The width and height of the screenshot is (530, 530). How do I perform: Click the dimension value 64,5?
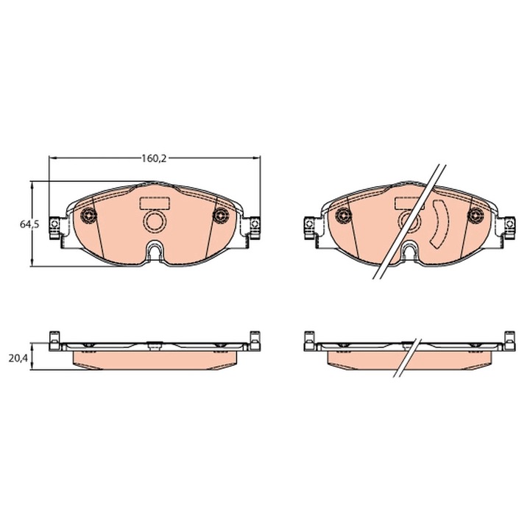click(x=29, y=225)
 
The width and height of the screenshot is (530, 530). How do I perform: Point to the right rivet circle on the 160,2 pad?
click(x=219, y=216)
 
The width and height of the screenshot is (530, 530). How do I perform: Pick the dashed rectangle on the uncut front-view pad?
click(x=155, y=202)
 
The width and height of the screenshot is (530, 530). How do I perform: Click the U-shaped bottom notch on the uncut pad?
click(x=155, y=252)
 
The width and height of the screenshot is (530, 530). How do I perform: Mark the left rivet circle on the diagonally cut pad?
click(x=343, y=216)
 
